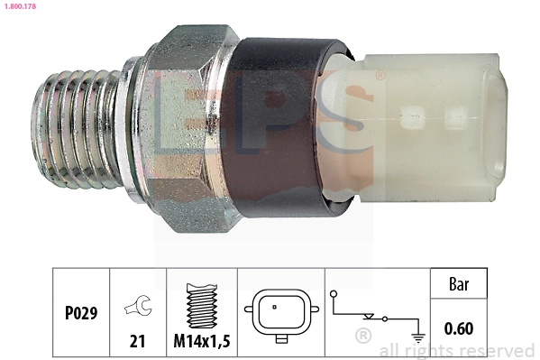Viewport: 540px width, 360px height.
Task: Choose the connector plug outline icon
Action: click(x=280, y=315)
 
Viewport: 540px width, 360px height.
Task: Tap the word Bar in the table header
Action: click(x=458, y=283)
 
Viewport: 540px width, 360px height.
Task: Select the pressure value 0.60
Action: click(x=458, y=328)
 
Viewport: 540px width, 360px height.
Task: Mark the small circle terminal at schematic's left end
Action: click(x=334, y=294)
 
